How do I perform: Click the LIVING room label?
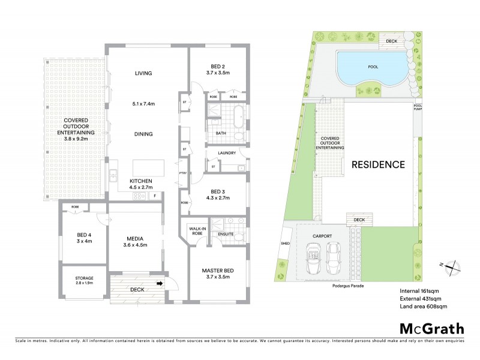143,73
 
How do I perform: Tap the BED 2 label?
217,66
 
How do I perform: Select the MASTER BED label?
218,270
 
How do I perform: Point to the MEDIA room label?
134,237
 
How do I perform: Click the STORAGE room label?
83,278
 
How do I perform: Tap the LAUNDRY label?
226,153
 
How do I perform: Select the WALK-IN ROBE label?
197,231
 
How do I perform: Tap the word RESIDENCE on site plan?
378,164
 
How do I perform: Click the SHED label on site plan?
286,244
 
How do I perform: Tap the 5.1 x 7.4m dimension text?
143,104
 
